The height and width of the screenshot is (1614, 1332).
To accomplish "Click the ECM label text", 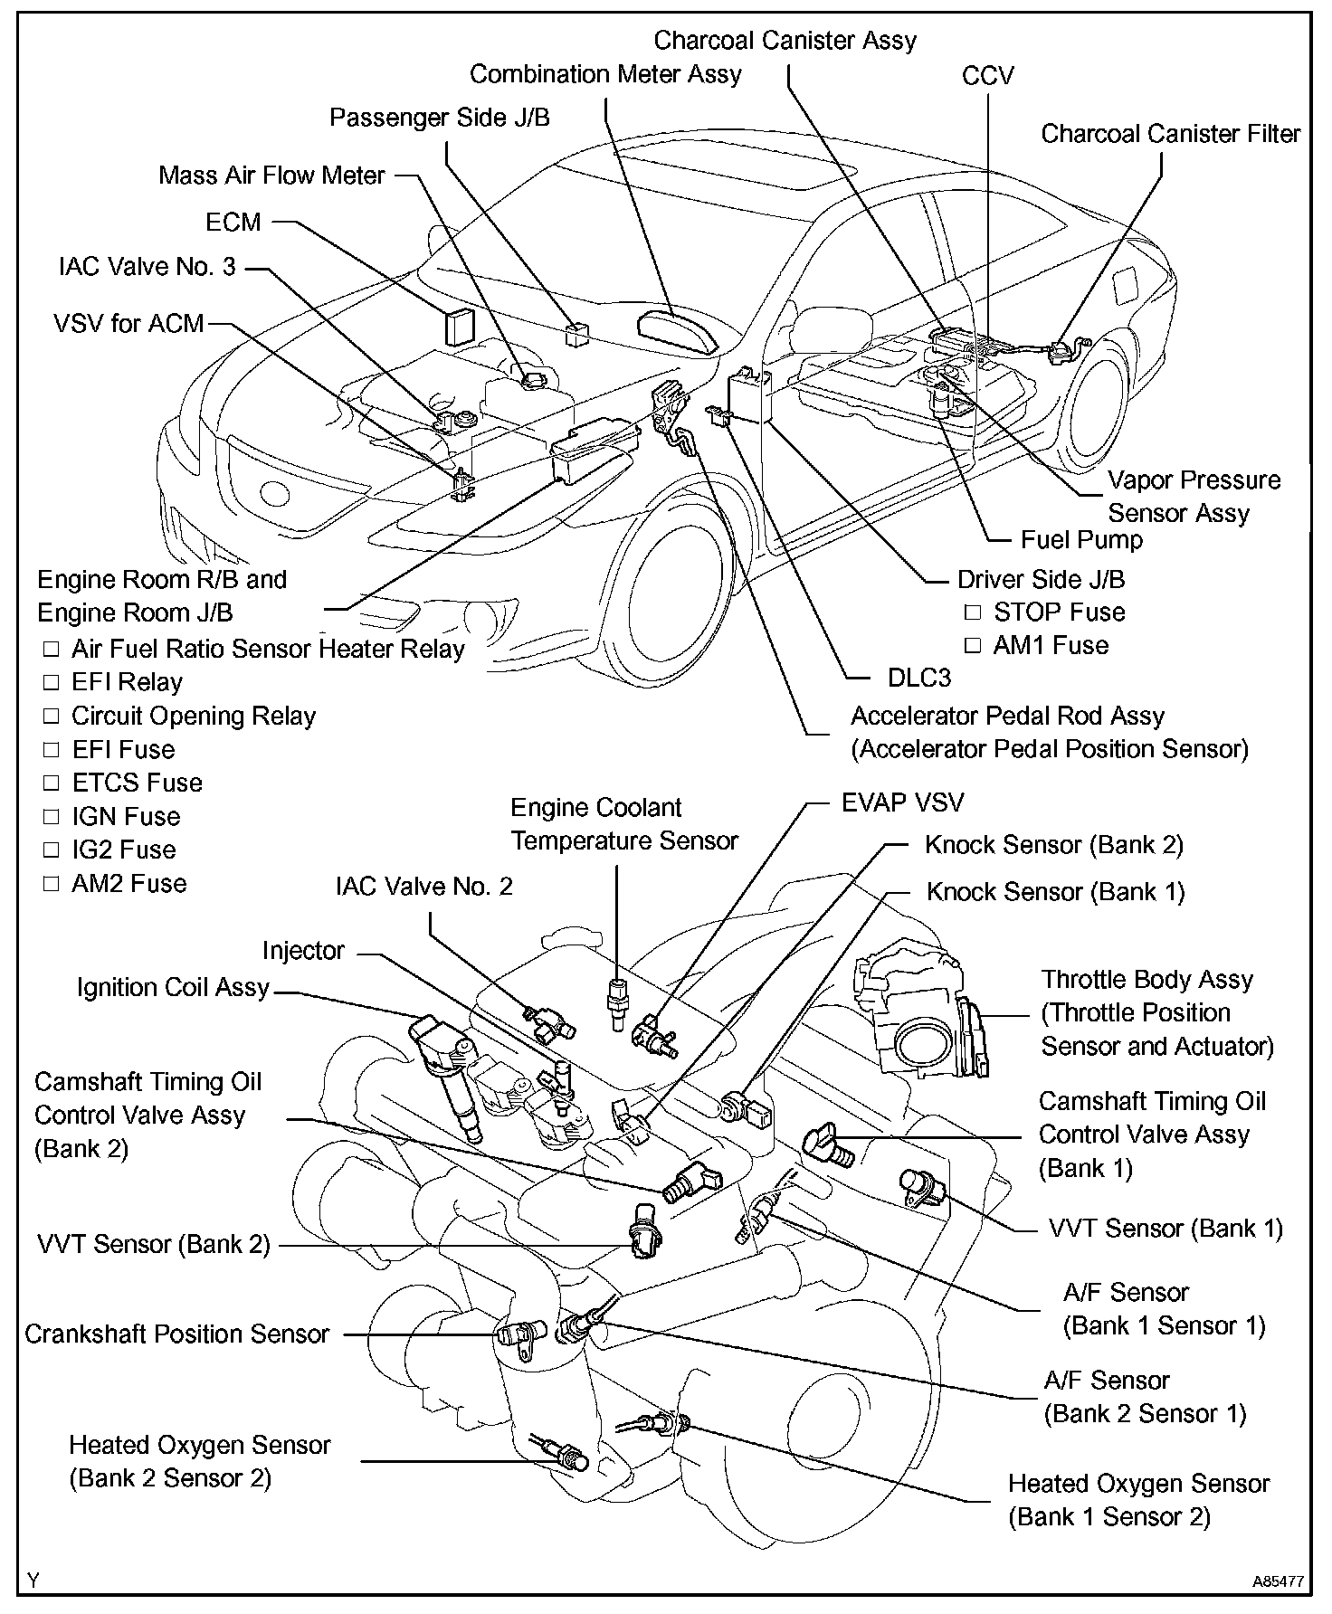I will pos(233,223).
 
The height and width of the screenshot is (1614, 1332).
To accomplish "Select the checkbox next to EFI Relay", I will pos(52,683).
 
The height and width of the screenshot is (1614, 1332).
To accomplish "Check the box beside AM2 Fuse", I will pos(52,884).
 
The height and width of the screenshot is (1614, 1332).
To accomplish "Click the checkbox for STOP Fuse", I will pos(972,612).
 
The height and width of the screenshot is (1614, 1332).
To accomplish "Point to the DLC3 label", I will pos(918,677).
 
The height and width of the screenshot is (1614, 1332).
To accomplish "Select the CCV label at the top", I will pos(988,76).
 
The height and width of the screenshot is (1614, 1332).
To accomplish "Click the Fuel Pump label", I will pos(1081,540).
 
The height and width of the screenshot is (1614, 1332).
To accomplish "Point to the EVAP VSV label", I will pos(902,802).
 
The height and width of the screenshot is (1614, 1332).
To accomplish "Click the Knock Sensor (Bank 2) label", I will pos(1054,845).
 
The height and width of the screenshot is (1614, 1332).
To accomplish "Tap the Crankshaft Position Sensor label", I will pos(176,1334).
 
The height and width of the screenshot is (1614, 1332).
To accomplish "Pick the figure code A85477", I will pos(1278,1582).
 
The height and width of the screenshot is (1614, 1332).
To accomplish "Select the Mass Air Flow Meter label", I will pos(271,176).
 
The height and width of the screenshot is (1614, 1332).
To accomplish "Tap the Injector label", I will pos(303,951).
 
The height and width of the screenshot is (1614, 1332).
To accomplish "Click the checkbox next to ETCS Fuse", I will pos(52,783).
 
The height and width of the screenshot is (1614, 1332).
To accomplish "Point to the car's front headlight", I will pos(271,492).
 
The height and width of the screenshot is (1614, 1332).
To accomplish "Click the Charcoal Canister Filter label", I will pos(1170,134).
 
